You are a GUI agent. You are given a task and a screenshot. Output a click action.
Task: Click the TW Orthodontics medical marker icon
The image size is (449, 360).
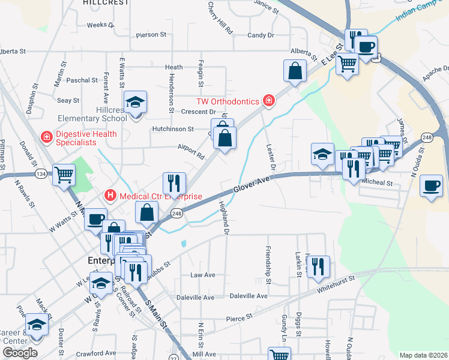(x=268, y=100)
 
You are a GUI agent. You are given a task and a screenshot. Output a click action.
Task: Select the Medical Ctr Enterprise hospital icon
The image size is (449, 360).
(x=110, y=195)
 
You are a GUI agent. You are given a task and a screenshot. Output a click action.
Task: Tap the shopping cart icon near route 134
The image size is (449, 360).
(x=64, y=175)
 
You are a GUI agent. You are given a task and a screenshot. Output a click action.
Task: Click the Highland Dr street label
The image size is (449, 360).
(x=224, y=217)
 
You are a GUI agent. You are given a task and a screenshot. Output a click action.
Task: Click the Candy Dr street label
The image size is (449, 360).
(x=261, y=35)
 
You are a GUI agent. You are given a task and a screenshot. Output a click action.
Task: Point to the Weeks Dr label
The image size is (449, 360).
(x=100, y=25)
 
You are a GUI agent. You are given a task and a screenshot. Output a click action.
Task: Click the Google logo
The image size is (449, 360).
(x=20, y=352)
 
